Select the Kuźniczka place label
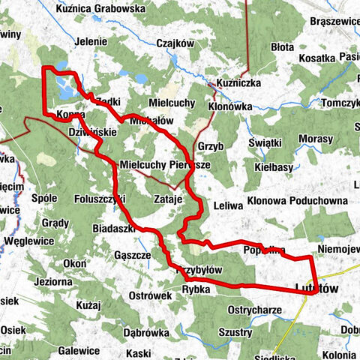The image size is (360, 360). pos(238,81)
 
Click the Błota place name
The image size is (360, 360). pos(283,46)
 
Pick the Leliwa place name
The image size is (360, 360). pos(228,205)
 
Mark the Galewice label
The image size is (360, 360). pos(79,350)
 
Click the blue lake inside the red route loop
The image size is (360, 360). pos(65,91)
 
